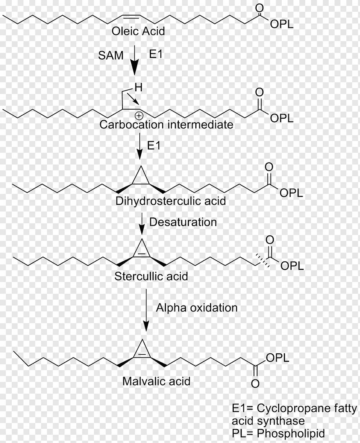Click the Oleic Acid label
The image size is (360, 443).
pos(138,31)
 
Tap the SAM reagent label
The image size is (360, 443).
pos(111,55)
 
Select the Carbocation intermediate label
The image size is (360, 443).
pos(166,125)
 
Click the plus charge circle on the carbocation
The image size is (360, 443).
pos(139,116)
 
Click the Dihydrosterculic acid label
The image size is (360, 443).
pos(171,201)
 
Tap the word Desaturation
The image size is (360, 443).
pos(183,222)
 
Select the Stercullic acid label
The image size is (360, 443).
pos(151,276)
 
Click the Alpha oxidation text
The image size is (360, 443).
pos(197,307)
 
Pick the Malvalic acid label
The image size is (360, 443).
pos(157,381)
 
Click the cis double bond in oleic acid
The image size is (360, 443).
pos(131,16)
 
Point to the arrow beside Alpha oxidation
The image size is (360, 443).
pos(146,309)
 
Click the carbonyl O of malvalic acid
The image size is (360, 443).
pos(255,383)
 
